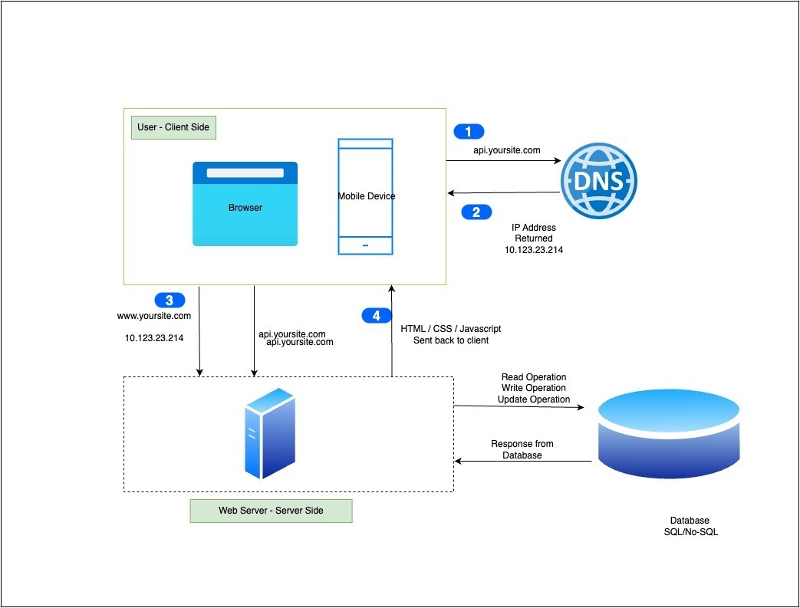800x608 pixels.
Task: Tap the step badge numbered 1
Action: click(x=469, y=131)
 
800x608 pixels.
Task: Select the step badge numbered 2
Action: click(x=476, y=212)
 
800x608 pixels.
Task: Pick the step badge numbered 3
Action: click(x=170, y=300)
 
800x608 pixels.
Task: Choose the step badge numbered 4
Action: click(x=376, y=315)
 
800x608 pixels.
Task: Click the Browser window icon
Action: click(x=245, y=204)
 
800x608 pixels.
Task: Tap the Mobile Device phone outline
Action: click(x=366, y=196)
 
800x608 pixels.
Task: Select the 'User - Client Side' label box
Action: click(x=174, y=127)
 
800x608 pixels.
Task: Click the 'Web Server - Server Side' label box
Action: click(x=271, y=511)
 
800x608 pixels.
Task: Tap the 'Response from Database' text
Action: click(x=522, y=449)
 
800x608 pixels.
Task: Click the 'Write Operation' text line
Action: click(x=534, y=388)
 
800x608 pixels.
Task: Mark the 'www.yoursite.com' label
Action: click(x=153, y=315)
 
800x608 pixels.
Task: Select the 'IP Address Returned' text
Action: click(x=533, y=233)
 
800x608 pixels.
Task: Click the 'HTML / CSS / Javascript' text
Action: click(x=451, y=328)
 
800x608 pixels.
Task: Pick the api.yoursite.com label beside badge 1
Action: click(x=506, y=150)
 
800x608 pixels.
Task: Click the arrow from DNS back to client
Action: click(x=502, y=192)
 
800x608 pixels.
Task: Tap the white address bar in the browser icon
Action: click(x=245, y=173)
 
